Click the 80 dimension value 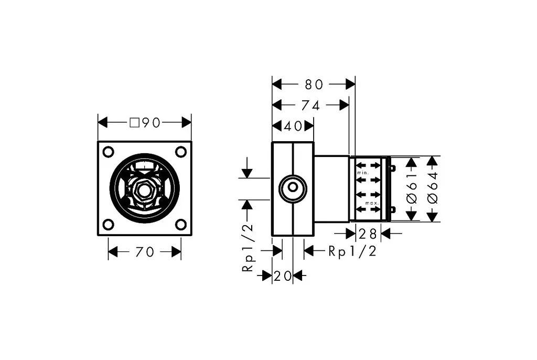(x=314, y=84)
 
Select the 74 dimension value (x=310, y=105)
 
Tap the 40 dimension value (x=293, y=126)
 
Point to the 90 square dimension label (x=145, y=122)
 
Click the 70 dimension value (x=145, y=252)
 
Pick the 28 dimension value (x=368, y=234)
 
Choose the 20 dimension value (x=283, y=276)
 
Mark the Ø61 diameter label (x=412, y=188)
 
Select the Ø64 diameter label (x=433, y=188)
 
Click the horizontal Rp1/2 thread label (x=352, y=251)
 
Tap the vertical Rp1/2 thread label (x=248, y=248)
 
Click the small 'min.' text (x=363, y=173)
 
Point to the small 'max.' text (x=372, y=203)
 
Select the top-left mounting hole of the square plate (x=108, y=152)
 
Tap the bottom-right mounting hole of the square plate (x=181, y=225)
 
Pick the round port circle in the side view (x=293, y=188)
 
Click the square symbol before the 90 (x=135, y=122)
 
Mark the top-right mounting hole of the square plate (x=181, y=152)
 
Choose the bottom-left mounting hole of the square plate (x=108, y=225)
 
